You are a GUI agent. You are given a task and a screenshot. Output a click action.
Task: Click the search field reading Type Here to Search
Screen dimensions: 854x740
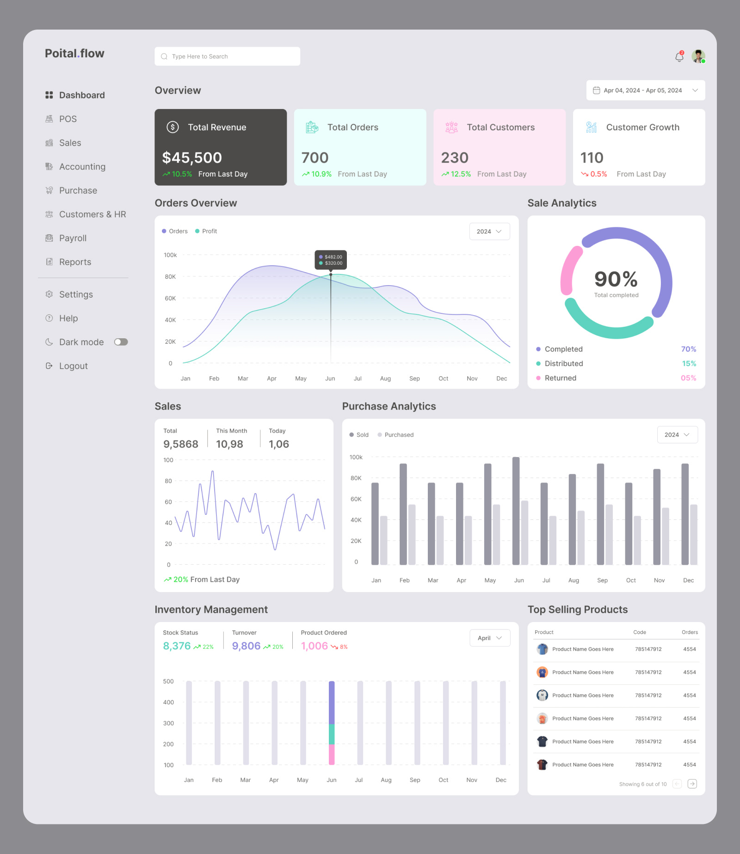click(227, 56)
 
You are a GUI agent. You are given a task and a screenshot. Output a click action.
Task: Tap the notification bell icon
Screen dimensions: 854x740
click(679, 57)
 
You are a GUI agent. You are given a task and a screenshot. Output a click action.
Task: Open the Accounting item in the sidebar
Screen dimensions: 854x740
click(82, 167)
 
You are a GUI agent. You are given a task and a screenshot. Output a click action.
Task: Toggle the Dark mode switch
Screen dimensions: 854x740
click(121, 342)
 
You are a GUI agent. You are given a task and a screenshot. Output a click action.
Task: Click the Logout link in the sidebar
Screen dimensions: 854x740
click(73, 366)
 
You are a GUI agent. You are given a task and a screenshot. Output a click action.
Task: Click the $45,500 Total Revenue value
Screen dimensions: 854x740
click(192, 158)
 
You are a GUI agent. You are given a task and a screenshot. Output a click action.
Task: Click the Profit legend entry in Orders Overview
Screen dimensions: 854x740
click(206, 231)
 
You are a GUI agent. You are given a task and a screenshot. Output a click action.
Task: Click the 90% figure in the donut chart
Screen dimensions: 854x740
click(616, 279)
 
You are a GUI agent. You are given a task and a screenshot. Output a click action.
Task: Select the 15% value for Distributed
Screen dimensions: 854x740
click(689, 364)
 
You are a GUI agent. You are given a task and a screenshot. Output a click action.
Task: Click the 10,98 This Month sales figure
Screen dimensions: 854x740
click(229, 444)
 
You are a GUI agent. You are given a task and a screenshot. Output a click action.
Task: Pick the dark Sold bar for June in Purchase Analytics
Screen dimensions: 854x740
click(516, 510)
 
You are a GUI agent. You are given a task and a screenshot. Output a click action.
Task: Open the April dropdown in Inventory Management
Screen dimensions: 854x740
click(490, 638)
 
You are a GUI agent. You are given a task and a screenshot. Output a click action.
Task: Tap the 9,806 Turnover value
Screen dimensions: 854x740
click(246, 646)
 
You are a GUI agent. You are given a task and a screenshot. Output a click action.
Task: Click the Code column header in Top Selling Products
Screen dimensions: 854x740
click(639, 632)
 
